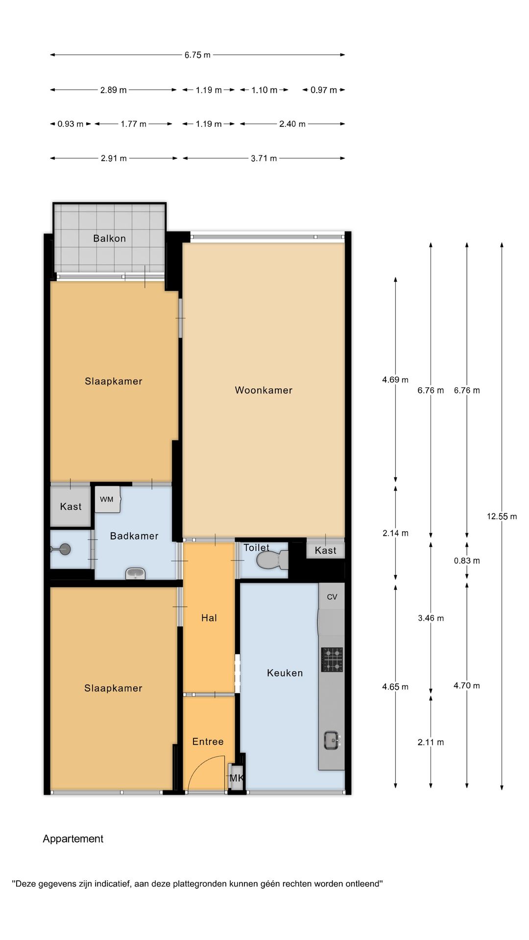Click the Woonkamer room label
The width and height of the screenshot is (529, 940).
[264, 390]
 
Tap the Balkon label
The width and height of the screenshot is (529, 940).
[110, 238]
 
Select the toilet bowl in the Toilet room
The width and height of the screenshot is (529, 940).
[272, 560]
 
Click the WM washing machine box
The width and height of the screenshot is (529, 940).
[108, 499]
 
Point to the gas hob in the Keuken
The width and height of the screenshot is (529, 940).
[332, 659]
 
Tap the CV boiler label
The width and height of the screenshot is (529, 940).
[332, 597]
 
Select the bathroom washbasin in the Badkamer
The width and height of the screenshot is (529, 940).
[135, 573]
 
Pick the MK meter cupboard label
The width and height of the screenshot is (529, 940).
[237, 778]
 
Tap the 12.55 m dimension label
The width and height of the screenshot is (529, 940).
[502, 517]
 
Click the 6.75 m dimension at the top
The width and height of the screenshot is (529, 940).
[197, 55]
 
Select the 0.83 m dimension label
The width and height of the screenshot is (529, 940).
[467, 561]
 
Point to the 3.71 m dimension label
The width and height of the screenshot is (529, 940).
[264, 159]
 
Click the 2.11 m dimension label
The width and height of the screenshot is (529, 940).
[431, 742]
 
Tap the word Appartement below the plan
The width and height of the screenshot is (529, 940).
[73, 839]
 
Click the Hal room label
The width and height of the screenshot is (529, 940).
[209, 618]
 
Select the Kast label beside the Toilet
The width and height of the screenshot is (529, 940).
[326, 550]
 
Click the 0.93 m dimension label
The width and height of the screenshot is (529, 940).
[71, 124]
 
